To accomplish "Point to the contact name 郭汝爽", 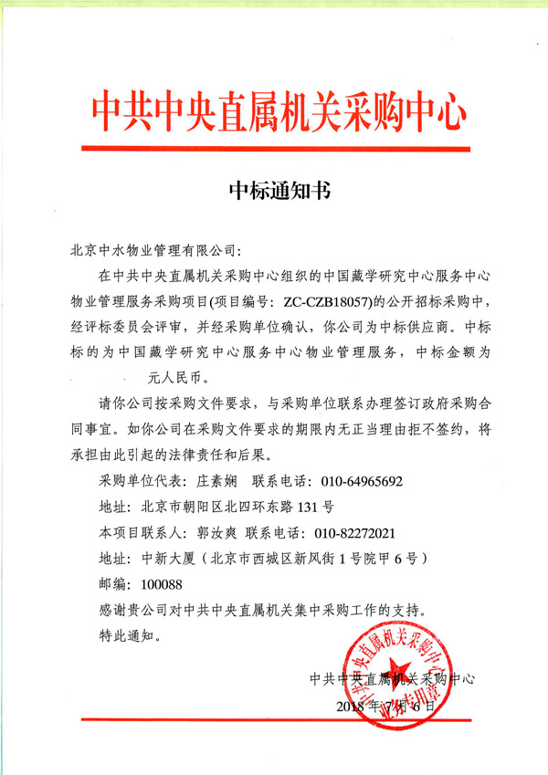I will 214,530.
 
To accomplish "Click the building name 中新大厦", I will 165,556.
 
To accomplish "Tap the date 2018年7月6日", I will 382,707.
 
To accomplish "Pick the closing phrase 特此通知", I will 127,633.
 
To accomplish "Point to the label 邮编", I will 110,581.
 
